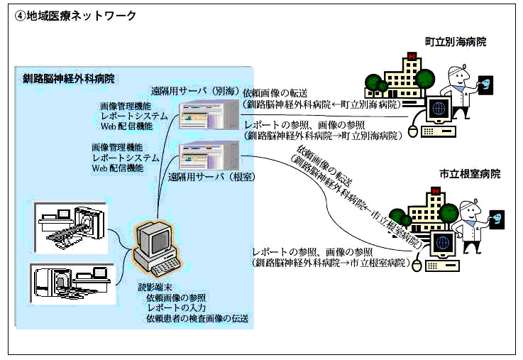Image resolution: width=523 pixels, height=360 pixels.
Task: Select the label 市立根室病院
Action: pyautogui.click(x=470, y=174)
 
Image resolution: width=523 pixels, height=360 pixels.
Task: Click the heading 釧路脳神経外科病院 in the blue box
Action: pyautogui.click(x=68, y=78)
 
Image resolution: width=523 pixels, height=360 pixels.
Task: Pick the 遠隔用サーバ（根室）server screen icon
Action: pyautogui.click(x=207, y=156)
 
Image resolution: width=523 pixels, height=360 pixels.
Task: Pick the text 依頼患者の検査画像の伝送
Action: pyautogui.click(x=197, y=319)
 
